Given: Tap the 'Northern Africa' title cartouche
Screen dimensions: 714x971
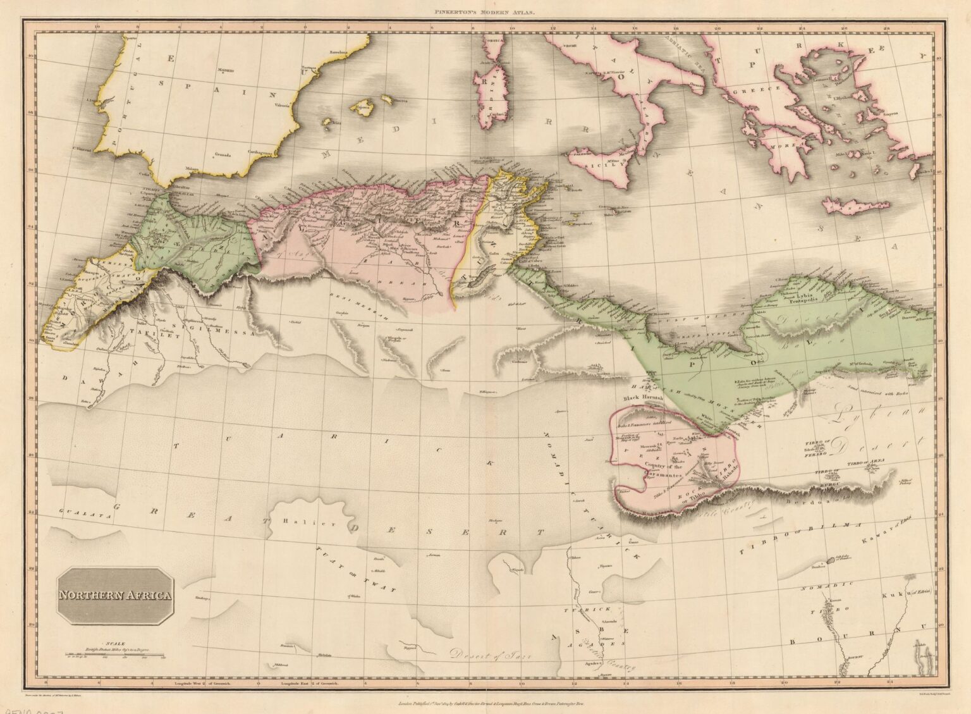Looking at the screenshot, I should click(115, 596).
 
